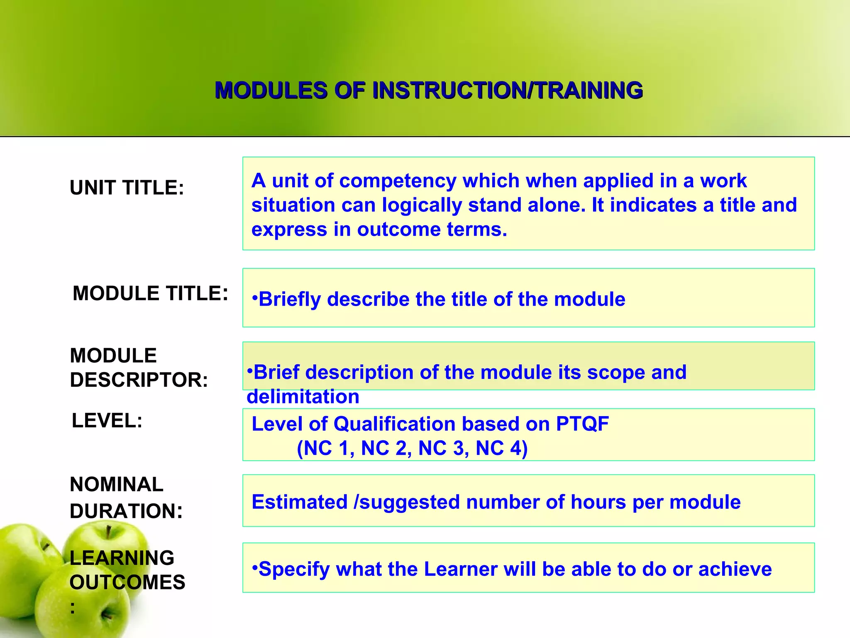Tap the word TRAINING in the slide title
[x=589, y=91]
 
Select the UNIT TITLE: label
[x=127, y=187]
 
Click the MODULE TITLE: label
[x=150, y=293]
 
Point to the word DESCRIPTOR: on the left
[x=139, y=380]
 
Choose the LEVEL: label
[x=107, y=420]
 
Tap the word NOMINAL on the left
[x=117, y=484]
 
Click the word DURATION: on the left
[x=126, y=511]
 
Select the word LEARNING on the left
[x=122, y=558]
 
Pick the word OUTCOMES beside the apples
[x=127, y=582]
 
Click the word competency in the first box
[x=398, y=181]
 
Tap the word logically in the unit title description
[x=422, y=205]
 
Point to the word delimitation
[x=303, y=397]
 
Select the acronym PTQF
[x=582, y=424]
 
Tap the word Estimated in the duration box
[x=299, y=502]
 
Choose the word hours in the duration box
[x=598, y=502]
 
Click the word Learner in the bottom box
[x=460, y=569]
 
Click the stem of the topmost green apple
[x=108, y=532]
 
